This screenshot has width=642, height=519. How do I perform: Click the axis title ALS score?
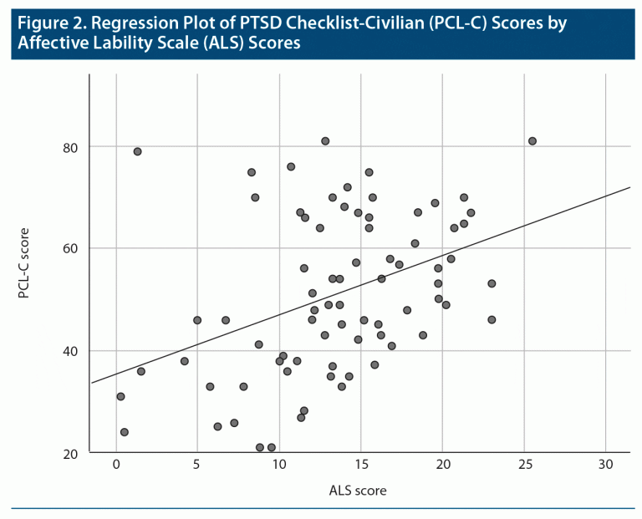(x=359, y=490)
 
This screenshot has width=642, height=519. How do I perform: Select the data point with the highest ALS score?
(x=532, y=141)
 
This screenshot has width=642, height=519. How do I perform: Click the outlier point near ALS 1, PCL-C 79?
(x=137, y=151)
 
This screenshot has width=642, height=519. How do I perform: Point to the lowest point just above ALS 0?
(x=125, y=432)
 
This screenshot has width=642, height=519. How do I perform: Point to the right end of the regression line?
(x=628, y=187)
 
